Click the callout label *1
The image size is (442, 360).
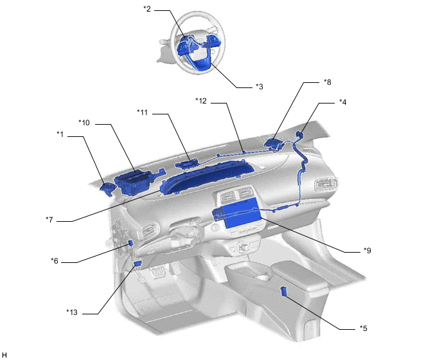click(60, 134)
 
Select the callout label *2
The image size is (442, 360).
click(147, 9)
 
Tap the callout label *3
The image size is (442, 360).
click(260, 87)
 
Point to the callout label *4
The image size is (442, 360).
click(343, 102)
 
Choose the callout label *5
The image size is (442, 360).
click(364, 328)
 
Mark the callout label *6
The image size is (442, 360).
click(55, 261)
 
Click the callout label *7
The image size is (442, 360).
click(49, 219)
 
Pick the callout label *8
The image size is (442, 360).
click(327, 82)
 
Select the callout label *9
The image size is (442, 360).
click(367, 250)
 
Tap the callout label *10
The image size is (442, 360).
click(84, 122)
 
